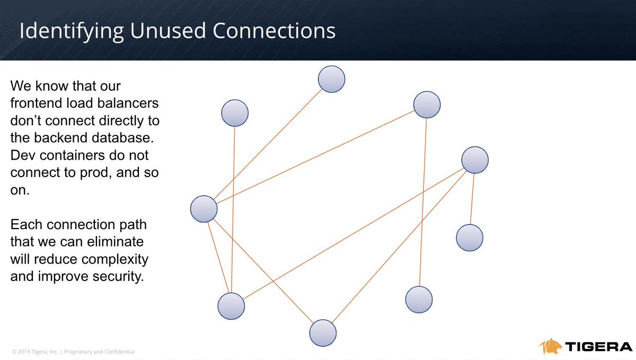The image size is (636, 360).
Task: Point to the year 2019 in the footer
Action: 24,352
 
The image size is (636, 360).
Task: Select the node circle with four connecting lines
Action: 204,208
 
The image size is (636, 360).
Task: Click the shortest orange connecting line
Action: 472,198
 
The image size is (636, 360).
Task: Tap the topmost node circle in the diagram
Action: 332,80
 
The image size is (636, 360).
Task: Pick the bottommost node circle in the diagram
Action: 323,333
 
